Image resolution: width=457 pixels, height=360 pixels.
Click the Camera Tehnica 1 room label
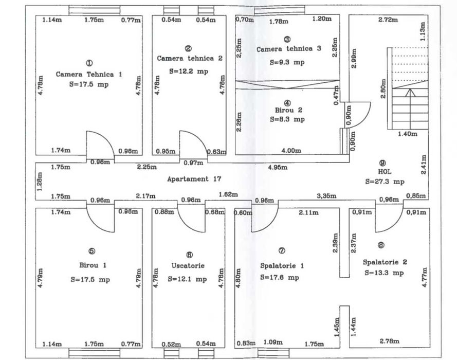(x=89, y=74)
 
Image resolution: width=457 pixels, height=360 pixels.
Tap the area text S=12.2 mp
(x=188, y=71)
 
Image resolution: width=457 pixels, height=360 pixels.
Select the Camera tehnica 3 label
(x=288, y=49)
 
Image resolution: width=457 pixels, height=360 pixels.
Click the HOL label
(x=385, y=172)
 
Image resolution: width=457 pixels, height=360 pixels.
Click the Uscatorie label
(x=188, y=266)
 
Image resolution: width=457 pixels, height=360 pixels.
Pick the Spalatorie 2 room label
(x=385, y=261)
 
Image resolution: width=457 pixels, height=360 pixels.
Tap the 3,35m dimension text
(x=326, y=196)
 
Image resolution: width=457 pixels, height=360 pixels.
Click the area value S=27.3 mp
(x=385, y=182)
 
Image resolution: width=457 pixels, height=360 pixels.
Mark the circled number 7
(x=281, y=251)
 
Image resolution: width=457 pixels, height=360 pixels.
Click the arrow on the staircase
(x=410, y=93)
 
